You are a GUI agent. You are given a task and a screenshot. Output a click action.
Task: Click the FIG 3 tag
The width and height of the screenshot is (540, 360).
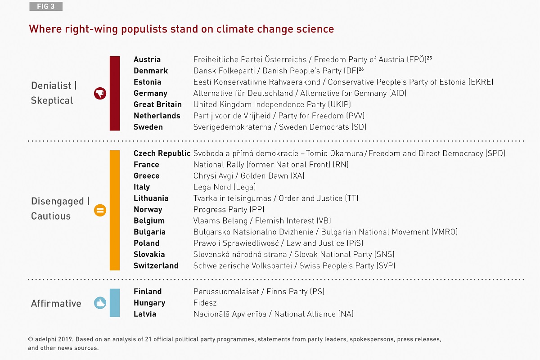pos(46,6)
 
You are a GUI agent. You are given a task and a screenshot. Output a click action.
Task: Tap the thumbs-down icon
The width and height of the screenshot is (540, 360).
pos(100,94)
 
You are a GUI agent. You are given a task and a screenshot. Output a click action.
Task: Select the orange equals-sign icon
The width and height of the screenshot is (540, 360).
pos(100,210)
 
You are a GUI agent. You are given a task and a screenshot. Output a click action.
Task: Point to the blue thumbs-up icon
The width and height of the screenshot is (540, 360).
pos(100,303)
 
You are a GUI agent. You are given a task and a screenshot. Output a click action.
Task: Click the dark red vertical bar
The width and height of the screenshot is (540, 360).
pos(115,93)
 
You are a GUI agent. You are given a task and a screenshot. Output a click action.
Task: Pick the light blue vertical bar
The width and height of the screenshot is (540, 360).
pos(115,302)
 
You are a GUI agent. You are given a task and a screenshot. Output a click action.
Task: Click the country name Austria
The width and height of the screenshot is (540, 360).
pos(147,59)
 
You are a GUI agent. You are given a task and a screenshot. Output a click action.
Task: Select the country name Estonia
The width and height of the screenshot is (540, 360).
pos(147,82)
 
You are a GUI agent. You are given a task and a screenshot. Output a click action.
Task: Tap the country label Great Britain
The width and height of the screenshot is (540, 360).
pos(157,104)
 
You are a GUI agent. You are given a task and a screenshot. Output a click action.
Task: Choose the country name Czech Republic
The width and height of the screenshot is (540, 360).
pos(162,153)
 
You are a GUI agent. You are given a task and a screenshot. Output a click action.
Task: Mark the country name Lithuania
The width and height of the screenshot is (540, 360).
pos(151,198)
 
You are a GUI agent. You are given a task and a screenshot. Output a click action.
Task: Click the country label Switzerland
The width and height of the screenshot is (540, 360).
pos(156,266)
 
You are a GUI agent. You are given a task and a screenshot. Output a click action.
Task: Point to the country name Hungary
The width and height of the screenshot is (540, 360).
pos(149,303)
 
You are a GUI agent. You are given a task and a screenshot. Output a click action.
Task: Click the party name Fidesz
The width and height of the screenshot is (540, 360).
pos(205,303)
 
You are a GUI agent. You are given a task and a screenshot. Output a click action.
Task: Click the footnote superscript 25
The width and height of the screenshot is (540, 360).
pos(429,58)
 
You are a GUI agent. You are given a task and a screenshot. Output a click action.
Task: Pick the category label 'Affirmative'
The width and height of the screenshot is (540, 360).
pos(56,303)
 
